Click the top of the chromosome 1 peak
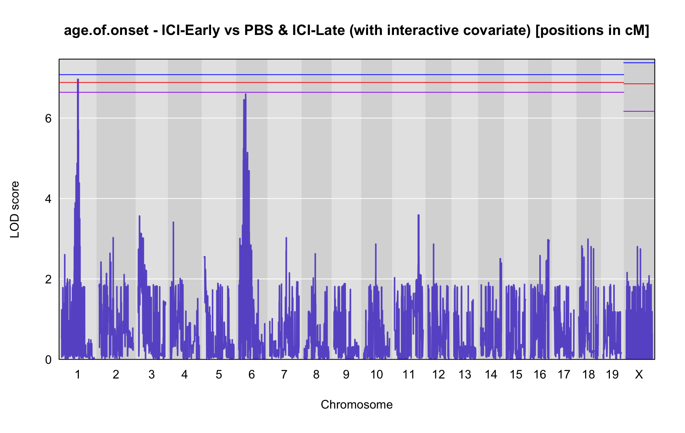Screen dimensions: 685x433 [78, 79]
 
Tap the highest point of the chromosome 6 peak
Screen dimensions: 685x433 [246, 94]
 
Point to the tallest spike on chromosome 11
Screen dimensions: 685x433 [418, 215]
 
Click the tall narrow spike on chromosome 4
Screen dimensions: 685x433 [173, 222]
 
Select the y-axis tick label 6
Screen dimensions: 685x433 [48, 118]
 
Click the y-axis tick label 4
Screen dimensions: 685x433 [48, 199]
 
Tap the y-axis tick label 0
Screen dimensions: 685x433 [48, 360]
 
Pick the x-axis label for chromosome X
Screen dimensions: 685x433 [639, 374]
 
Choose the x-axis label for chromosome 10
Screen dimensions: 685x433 [377, 374]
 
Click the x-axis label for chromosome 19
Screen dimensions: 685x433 [612, 374]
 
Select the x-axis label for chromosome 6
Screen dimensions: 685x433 [252, 374]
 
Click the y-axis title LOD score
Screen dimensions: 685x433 [15, 210]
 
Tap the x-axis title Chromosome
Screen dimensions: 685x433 [357, 405]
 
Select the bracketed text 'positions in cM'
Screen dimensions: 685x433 [591, 30]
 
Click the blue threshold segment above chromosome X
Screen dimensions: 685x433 [639, 63]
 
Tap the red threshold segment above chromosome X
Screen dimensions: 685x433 [639, 84]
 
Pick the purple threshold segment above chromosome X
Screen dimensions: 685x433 [639, 111]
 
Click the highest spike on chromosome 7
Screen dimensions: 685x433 [286, 238]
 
